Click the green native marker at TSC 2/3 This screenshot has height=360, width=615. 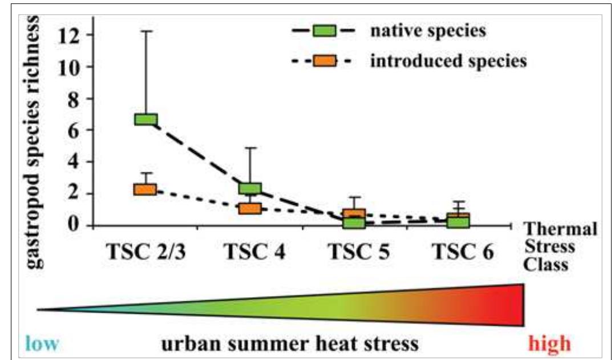click(x=146, y=119)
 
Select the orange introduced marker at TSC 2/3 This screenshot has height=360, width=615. click(x=145, y=189)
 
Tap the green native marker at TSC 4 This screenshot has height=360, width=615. click(x=250, y=188)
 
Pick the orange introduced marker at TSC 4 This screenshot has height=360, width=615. click(x=250, y=208)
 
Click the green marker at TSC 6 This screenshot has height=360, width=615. click(x=458, y=221)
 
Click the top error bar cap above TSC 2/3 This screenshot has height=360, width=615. click(x=146, y=31)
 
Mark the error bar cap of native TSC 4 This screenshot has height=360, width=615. click(x=250, y=148)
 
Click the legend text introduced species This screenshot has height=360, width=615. click(x=448, y=61)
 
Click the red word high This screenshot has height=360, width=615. click(x=549, y=344)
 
